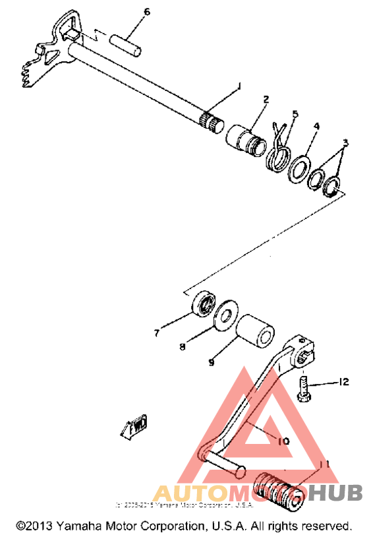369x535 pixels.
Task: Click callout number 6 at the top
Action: click(x=147, y=12)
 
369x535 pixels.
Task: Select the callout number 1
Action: click(x=239, y=86)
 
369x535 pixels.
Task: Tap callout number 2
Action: click(x=266, y=100)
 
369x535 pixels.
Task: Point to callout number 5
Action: click(x=295, y=113)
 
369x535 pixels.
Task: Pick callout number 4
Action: click(x=316, y=125)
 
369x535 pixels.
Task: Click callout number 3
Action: click(x=344, y=143)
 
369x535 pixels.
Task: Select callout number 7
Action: click(x=156, y=333)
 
